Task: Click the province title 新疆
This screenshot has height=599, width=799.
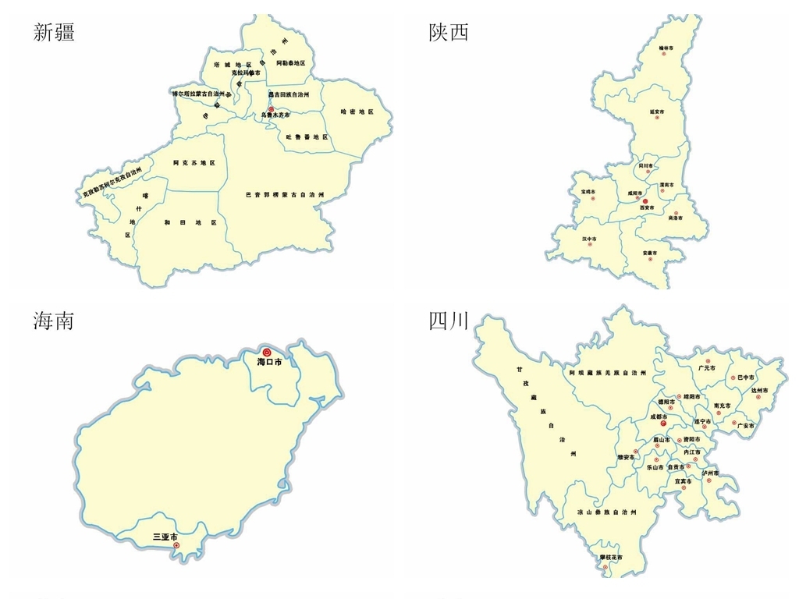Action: coord(54,32)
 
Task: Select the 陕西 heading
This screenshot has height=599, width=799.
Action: coord(449,32)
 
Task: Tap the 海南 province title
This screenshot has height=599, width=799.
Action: coord(54,320)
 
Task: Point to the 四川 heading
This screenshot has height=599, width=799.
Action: coord(449,320)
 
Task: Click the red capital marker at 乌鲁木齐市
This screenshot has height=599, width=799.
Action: coord(271,109)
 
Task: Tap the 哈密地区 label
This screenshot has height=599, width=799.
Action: coord(357,112)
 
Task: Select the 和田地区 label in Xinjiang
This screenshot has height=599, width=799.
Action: coord(190,222)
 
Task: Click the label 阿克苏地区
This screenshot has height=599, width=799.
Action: coord(194,162)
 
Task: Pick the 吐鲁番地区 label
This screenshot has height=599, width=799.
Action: coord(307,136)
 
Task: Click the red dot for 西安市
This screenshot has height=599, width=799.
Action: coord(645,201)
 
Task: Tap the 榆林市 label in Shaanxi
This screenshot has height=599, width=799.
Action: coord(666,48)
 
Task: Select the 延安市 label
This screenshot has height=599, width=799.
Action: coord(656,112)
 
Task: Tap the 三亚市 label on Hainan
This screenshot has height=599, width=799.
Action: coord(165,537)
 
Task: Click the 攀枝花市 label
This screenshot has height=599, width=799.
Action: coord(612,558)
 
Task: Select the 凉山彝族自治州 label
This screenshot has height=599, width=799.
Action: coord(607,512)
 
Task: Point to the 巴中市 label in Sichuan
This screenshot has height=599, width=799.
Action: coord(742,377)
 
